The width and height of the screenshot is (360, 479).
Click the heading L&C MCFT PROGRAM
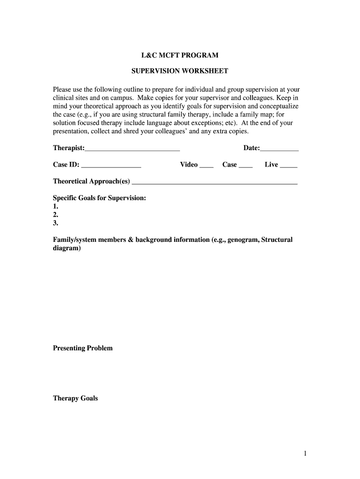(180, 55)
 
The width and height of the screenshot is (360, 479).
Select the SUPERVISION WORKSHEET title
(180, 71)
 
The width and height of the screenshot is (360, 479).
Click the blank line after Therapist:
(132, 149)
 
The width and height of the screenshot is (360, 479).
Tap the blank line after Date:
(279, 149)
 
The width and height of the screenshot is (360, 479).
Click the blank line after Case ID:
(111, 166)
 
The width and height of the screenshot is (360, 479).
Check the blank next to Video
(206, 166)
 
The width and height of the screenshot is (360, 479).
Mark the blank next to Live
(288, 166)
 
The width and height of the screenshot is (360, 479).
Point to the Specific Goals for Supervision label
(100, 198)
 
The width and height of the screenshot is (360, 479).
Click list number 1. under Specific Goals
(56, 206)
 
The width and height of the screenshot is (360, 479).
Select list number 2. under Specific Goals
(56, 215)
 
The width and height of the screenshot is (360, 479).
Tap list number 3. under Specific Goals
(56, 223)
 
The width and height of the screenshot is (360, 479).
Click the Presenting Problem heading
(83, 348)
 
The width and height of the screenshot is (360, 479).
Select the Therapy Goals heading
(75, 399)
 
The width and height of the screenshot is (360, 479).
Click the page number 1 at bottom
(304, 453)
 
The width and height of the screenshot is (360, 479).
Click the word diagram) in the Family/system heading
(67, 248)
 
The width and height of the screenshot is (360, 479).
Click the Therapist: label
(69, 148)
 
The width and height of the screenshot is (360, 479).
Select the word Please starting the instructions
(63, 89)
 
